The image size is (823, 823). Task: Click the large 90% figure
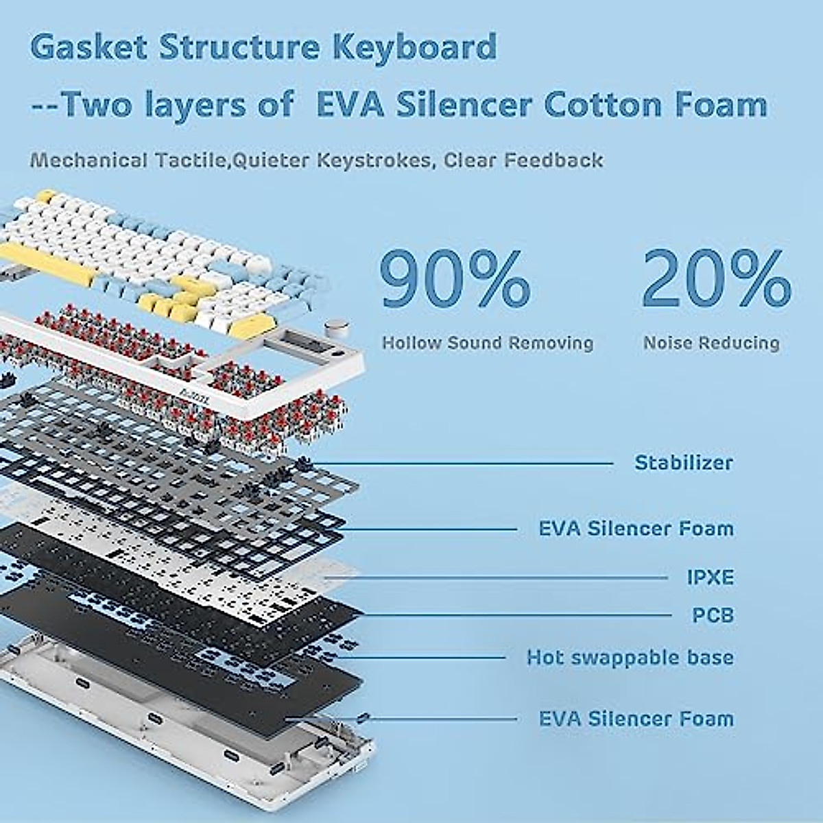click(x=455, y=279)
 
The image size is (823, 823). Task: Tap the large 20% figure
click(x=717, y=279)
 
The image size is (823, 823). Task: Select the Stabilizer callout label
click(x=684, y=463)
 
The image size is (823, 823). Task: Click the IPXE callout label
click(x=711, y=578)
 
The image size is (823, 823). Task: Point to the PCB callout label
click(x=713, y=615)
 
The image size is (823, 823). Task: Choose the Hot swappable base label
click(x=630, y=658)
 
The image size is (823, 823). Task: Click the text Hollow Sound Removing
click(x=488, y=342)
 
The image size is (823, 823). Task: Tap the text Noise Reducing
click(x=711, y=342)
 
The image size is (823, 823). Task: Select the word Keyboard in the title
click(x=414, y=47)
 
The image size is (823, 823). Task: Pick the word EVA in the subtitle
click(x=350, y=105)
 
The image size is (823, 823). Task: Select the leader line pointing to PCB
click(x=515, y=615)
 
